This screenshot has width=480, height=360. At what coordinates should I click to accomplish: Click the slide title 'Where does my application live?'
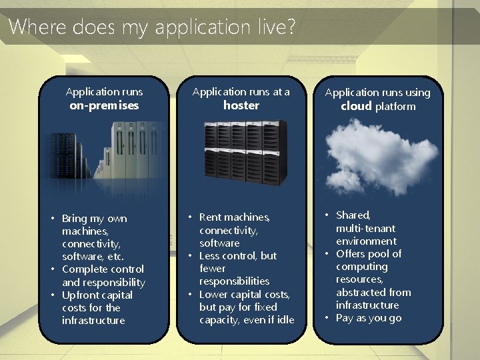point(152,27)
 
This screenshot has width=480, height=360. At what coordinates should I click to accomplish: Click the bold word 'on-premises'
point(104,105)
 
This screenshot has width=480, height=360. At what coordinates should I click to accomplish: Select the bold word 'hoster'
point(241,105)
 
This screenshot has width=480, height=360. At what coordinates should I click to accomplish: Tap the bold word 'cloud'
point(356,106)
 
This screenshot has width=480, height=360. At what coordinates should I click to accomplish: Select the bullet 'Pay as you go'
point(369,318)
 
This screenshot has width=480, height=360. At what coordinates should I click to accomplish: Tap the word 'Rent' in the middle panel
point(211,217)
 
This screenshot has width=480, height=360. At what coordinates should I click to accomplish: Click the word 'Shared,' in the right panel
point(353,215)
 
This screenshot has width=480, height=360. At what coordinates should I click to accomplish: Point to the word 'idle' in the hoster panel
point(283,320)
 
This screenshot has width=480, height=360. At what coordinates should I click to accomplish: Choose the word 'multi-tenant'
point(366,229)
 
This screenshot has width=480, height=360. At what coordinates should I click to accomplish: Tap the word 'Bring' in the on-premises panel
point(75,219)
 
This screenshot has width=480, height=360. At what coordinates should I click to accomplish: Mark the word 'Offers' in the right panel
point(351,254)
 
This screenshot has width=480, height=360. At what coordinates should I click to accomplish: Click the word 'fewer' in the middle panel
point(213,269)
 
